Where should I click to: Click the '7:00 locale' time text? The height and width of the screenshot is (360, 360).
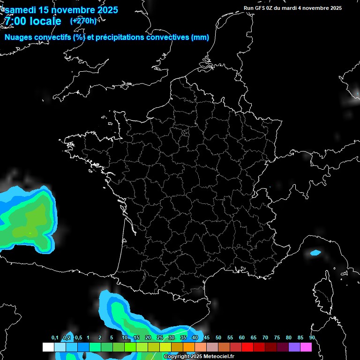pos(33,21)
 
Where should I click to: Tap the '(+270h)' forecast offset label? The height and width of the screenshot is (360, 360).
pos(83,21)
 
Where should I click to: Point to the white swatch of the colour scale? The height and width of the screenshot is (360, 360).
pos(48,347)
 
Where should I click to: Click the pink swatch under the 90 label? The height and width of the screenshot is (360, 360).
pos(306,347)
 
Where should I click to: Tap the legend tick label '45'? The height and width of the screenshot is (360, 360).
pos(207,338)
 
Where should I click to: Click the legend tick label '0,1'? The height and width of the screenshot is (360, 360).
pos(55,338)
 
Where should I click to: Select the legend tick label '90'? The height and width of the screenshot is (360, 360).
pos(312,338)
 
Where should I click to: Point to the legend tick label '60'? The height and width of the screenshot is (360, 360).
pos(242,338)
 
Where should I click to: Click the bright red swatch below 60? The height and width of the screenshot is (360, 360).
pos(247,347)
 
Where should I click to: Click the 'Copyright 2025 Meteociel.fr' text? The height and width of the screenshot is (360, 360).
pos(199,357)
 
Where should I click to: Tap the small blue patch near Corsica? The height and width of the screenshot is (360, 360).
pos(315,253)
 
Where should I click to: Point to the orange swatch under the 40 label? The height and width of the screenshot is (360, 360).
pos(188,347)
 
